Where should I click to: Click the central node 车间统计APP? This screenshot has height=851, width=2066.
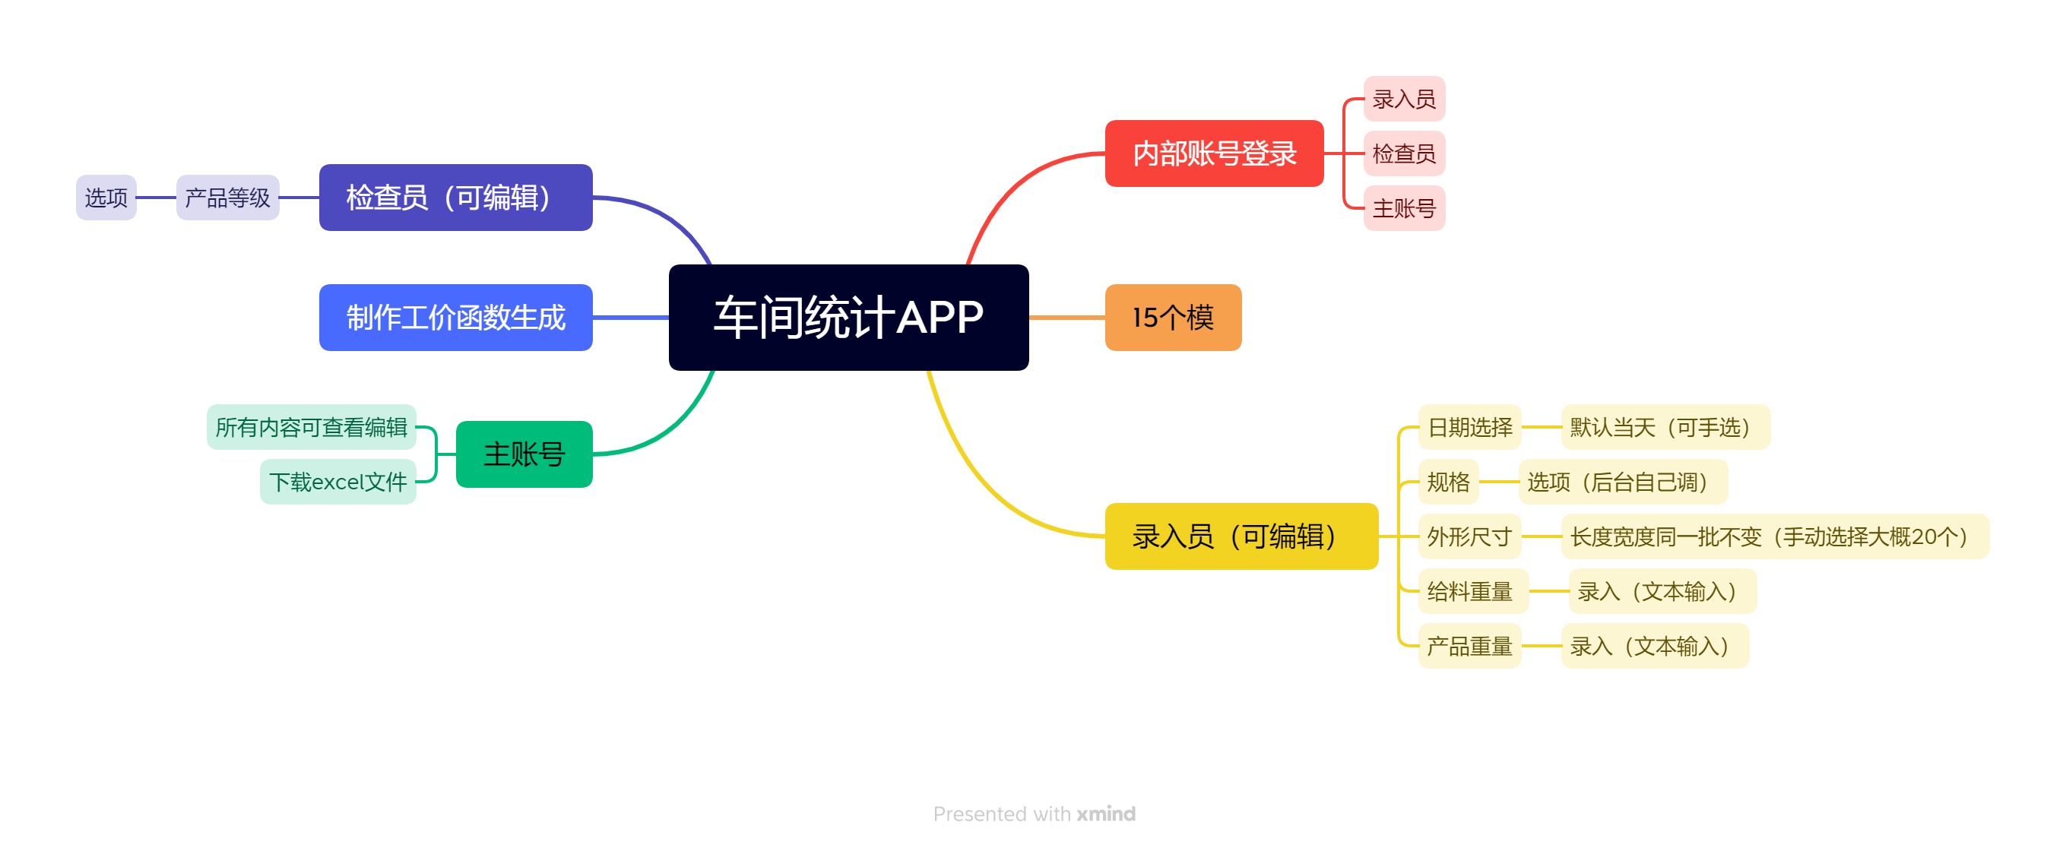click(x=848, y=317)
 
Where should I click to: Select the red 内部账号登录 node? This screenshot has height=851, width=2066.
click(x=1213, y=153)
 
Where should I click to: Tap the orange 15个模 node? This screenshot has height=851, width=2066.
click(x=1173, y=317)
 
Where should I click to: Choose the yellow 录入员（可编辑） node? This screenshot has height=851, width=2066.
click(x=1241, y=536)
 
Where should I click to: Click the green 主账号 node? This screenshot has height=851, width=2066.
click(x=524, y=454)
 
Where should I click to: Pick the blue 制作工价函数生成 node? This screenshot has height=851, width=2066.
click(x=455, y=317)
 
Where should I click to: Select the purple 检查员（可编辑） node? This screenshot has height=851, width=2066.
click(x=455, y=198)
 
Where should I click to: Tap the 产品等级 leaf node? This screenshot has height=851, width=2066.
click(x=228, y=198)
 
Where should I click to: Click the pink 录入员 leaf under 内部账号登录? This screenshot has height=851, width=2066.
click(x=1403, y=99)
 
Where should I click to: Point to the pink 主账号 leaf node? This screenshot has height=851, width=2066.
click(x=1403, y=208)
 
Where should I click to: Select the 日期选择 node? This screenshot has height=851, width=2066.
click(x=1469, y=427)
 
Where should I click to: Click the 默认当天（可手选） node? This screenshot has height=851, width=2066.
click(x=1664, y=427)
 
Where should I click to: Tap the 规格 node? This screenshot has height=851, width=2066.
click(x=1447, y=481)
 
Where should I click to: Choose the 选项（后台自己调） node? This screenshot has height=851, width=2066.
click(x=1621, y=481)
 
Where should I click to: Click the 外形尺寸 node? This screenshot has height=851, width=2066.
click(x=1469, y=536)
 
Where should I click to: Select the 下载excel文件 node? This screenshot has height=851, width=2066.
click(x=337, y=481)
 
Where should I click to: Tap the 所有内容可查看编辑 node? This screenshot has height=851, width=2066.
click(x=311, y=427)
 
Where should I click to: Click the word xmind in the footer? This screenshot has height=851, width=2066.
click(x=1105, y=813)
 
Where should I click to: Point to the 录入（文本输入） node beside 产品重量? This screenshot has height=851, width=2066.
click(x=1654, y=646)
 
